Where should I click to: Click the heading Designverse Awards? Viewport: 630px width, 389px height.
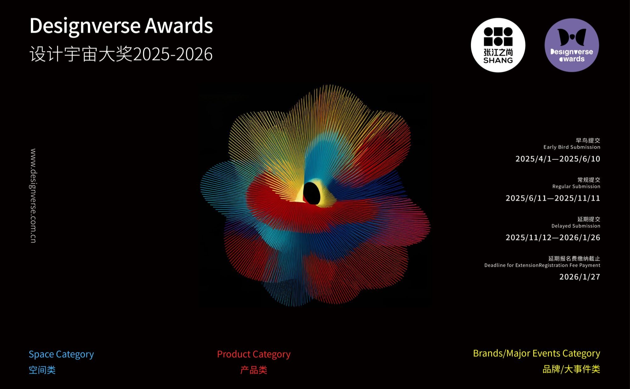click(121, 26)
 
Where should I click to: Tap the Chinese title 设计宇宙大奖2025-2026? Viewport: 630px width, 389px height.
click(121, 54)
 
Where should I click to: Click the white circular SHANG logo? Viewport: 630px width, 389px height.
click(498, 45)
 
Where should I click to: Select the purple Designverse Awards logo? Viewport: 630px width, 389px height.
click(571, 45)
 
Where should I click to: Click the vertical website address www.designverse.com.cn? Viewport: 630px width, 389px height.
click(33, 195)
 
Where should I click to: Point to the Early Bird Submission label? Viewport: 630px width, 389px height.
click(571, 147)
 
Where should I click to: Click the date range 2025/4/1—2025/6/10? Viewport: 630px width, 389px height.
click(558, 159)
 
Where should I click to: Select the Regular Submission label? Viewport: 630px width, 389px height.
click(576, 187)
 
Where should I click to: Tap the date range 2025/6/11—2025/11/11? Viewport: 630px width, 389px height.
click(553, 198)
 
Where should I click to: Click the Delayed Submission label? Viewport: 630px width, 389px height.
click(576, 226)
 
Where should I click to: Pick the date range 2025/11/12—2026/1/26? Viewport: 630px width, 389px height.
click(553, 238)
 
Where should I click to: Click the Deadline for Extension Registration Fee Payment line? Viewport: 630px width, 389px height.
click(542, 265)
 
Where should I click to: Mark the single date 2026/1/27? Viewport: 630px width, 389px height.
click(579, 277)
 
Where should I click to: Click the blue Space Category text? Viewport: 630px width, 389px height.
click(61, 354)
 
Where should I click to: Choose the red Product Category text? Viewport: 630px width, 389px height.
click(254, 354)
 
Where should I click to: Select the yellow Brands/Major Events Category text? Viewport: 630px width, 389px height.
click(536, 353)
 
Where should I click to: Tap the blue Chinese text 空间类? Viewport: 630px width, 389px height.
click(42, 370)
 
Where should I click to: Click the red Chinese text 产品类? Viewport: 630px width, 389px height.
click(254, 370)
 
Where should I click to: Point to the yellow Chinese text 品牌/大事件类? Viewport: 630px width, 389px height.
click(571, 369)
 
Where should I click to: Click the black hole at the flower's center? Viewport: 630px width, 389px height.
click(312, 193)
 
